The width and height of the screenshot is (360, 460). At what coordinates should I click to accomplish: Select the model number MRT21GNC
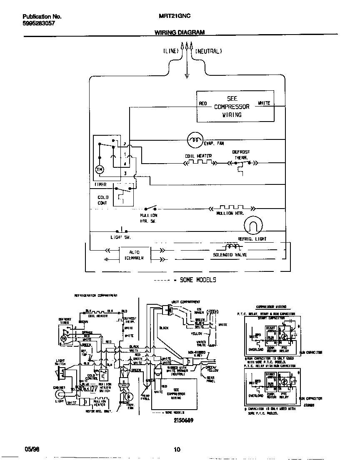coord(175,17)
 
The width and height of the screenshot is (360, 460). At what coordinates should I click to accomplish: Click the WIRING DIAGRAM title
coord(180,32)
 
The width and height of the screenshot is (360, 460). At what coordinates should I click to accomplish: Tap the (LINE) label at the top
coord(170,51)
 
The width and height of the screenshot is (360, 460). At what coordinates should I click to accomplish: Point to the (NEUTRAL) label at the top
coord(209,51)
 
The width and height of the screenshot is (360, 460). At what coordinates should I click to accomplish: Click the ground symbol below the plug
coord(187,76)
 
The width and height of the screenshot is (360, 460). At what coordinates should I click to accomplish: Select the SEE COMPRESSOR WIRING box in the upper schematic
coord(235,107)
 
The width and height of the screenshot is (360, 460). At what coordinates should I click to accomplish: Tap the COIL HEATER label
coord(198,156)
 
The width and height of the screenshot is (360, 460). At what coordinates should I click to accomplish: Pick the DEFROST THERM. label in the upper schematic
coord(241,155)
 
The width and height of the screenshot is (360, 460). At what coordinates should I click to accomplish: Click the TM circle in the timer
coord(100,169)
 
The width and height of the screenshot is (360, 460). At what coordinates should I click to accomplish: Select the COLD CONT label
coord(102,200)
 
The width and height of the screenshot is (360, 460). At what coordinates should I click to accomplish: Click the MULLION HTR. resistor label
coord(230,213)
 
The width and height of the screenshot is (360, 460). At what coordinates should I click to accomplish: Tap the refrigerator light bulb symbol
coord(253,226)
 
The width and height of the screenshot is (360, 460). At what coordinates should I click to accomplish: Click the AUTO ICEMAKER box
coord(134,255)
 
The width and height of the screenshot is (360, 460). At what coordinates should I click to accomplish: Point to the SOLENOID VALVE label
coord(230,254)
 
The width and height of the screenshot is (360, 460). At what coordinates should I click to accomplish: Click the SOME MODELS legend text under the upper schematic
coord(197,280)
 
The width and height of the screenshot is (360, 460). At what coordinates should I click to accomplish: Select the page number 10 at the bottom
coord(177,449)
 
